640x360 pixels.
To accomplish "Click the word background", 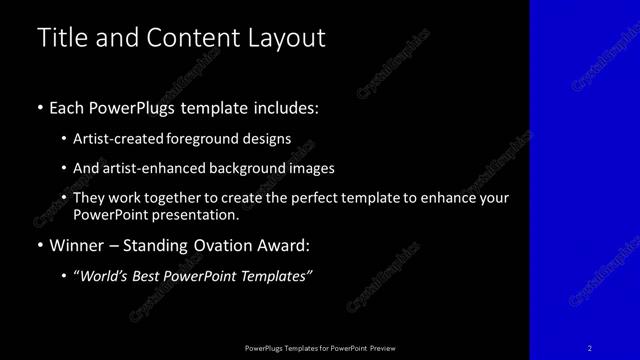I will pyautogui.click(x=265, y=168).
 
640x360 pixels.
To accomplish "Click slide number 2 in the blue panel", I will pyautogui.click(x=590, y=348).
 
